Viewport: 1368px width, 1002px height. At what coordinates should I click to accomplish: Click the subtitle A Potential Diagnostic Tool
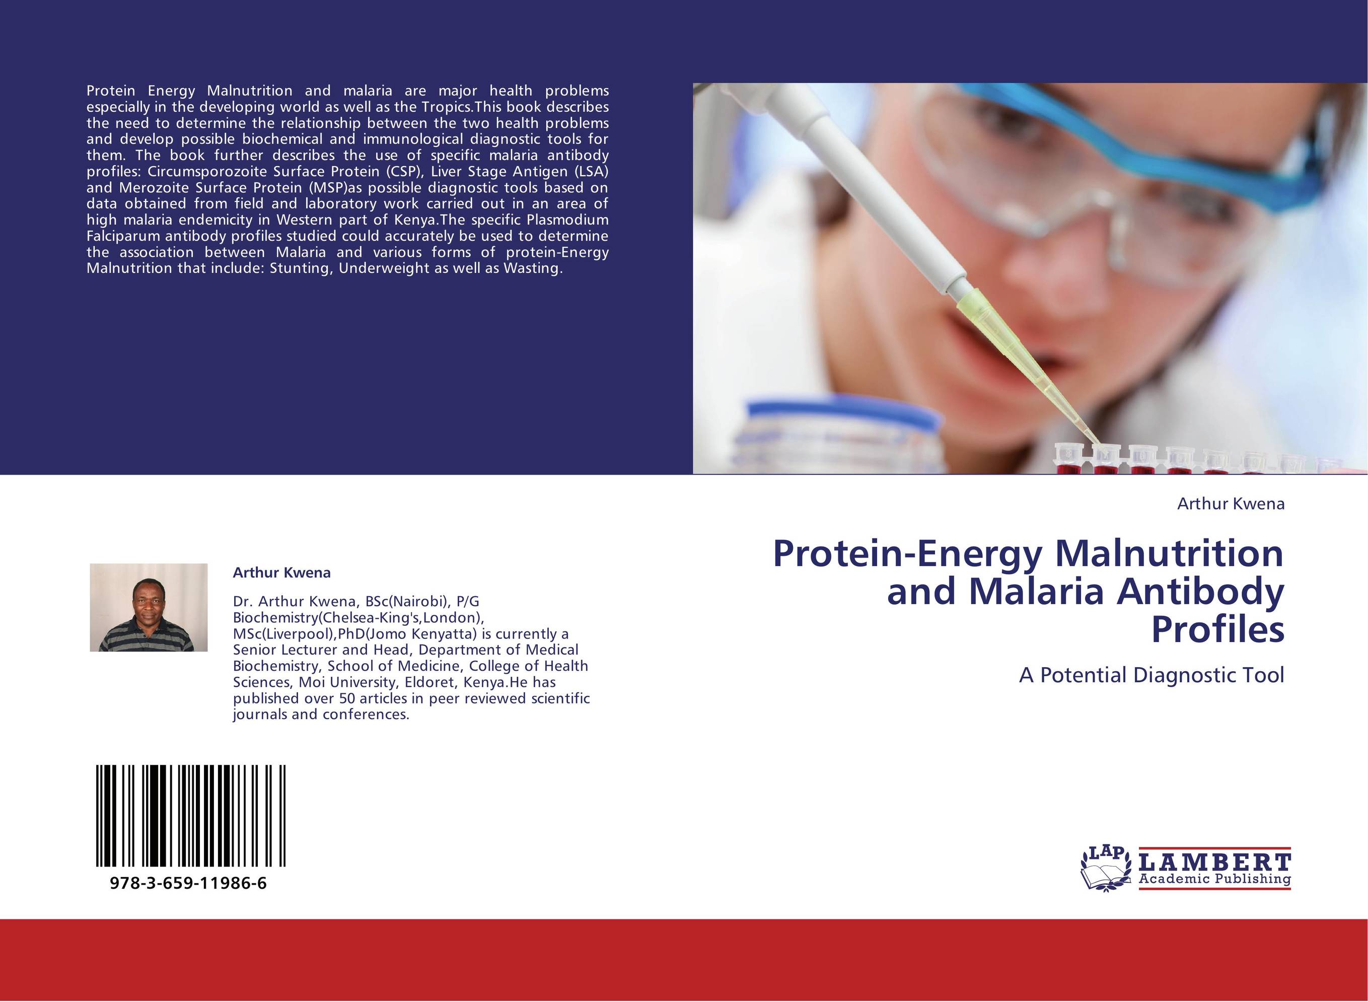coord(1151,675)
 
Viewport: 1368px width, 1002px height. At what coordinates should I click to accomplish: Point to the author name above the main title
coord(1231,504)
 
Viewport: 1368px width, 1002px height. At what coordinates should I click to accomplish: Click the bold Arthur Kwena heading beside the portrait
coord(281,572)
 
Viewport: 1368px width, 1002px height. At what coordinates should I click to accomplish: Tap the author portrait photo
coord(149,607)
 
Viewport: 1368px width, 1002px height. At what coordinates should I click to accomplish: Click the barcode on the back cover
coord(190,816)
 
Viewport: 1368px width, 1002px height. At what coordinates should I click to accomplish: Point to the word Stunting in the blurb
coord(300,268)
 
